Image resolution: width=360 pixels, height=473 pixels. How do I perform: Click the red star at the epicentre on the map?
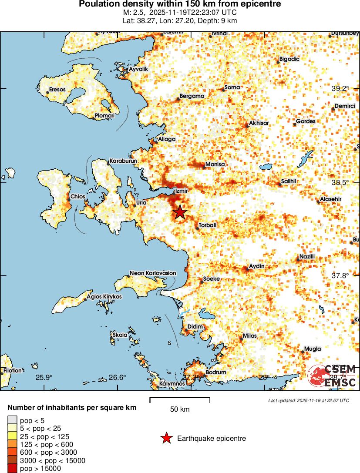(x=180, y=212)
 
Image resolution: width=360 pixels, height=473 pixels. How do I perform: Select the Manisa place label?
(x=215, y=164)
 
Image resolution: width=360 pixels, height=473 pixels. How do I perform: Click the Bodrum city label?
(x=216, y=372)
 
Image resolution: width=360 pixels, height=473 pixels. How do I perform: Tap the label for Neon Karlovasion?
(x=153, y=273)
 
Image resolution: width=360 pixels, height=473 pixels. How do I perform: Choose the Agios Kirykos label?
(x=104, y=296)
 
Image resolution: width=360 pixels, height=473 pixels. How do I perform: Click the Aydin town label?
(x=256, y=266)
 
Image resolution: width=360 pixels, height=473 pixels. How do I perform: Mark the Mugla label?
(x=313, y=349)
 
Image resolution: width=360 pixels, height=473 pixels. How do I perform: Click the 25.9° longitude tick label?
(x=44, y=377)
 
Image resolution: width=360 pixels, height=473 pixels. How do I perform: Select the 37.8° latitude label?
(x=340, y=275)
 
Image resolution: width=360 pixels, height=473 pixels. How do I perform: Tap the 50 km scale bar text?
(x=179, y=409)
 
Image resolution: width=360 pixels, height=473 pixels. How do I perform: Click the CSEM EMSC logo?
(x=333, y=375)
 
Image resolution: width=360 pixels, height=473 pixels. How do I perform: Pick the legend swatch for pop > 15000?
(x=12, y=468)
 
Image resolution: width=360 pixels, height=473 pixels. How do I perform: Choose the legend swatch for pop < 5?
(x=12, y=420)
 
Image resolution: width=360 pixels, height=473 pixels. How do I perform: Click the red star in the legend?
(x=166, y=439)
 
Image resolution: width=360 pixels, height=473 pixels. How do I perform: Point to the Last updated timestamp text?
(x=309, y=400)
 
